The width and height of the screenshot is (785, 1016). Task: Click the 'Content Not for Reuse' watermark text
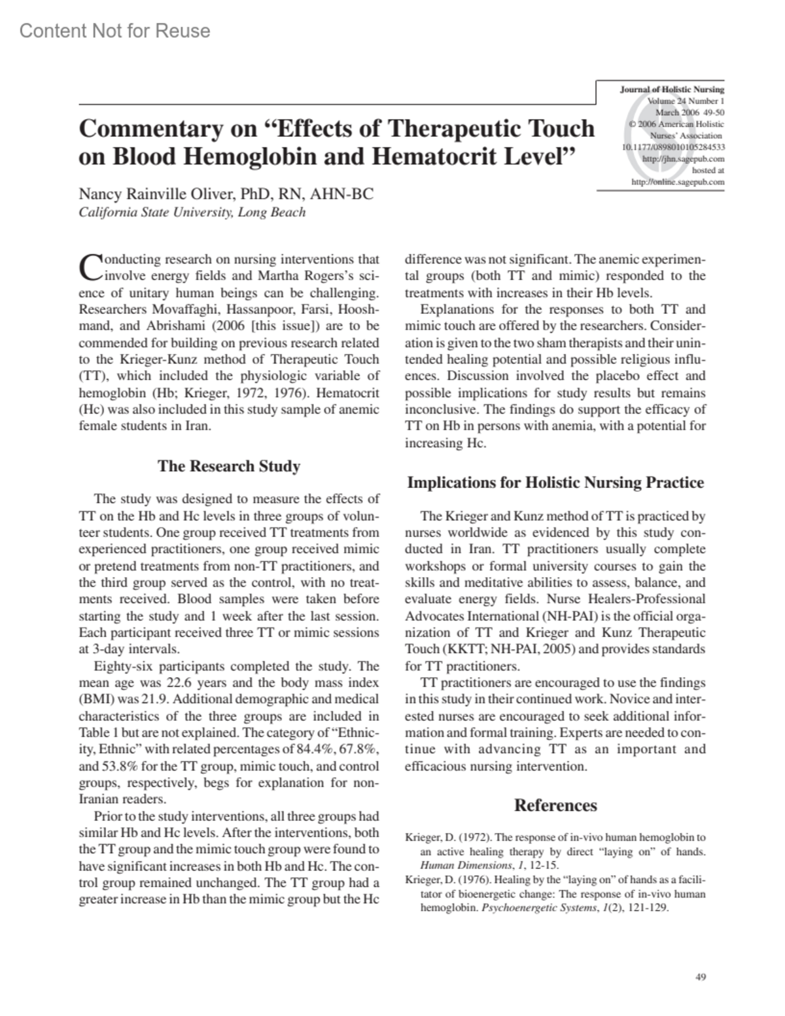[x=115, y=31]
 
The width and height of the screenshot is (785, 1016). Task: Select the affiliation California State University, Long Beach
[x=192, y=212]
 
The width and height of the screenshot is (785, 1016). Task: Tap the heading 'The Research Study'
[x=229, y=466]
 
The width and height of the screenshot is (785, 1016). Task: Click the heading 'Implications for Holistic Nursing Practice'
[x=555, y=483]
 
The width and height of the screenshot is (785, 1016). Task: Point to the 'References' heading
[x=555, y=805]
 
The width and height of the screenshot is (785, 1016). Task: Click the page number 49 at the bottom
[x=700, y=977]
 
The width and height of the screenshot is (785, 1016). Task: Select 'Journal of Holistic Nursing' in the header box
[x=672, y=90]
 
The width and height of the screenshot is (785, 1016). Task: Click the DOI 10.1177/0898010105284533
[x=673, y=147]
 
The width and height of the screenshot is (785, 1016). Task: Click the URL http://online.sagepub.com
[x=678, y=182]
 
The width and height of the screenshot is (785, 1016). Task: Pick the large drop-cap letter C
[x=90, y=266]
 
